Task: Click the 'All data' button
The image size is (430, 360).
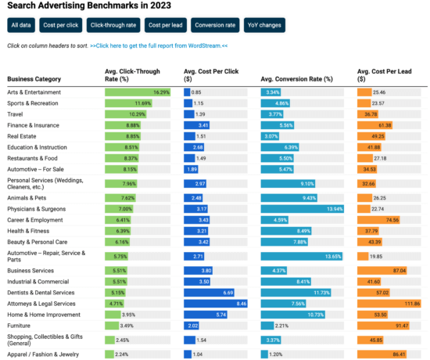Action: click(21, 25)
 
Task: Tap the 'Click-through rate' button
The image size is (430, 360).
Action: click(113, 25)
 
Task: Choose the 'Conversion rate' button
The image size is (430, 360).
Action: click(214, 25)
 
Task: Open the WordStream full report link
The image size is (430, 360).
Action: click(159, 45)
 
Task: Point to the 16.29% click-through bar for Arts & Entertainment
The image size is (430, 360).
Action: click(138, 92)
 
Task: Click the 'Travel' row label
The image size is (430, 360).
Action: click(16, 114)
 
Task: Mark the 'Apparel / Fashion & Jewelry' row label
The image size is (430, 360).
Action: click(44, 354)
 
